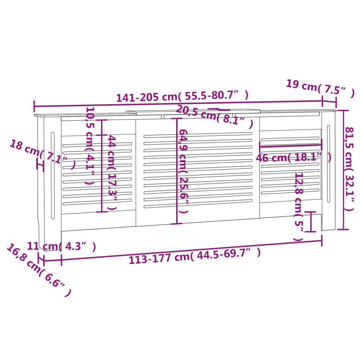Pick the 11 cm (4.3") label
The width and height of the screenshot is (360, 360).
61,246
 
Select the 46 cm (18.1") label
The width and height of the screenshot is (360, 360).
293,157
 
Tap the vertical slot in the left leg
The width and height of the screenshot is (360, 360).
53,175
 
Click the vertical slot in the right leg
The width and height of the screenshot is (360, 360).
329,163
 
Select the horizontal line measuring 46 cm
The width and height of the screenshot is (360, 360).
291,143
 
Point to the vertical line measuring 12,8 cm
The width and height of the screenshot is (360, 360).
310,221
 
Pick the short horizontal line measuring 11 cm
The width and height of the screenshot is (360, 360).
52,261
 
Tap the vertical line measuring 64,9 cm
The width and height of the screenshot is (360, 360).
177,171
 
